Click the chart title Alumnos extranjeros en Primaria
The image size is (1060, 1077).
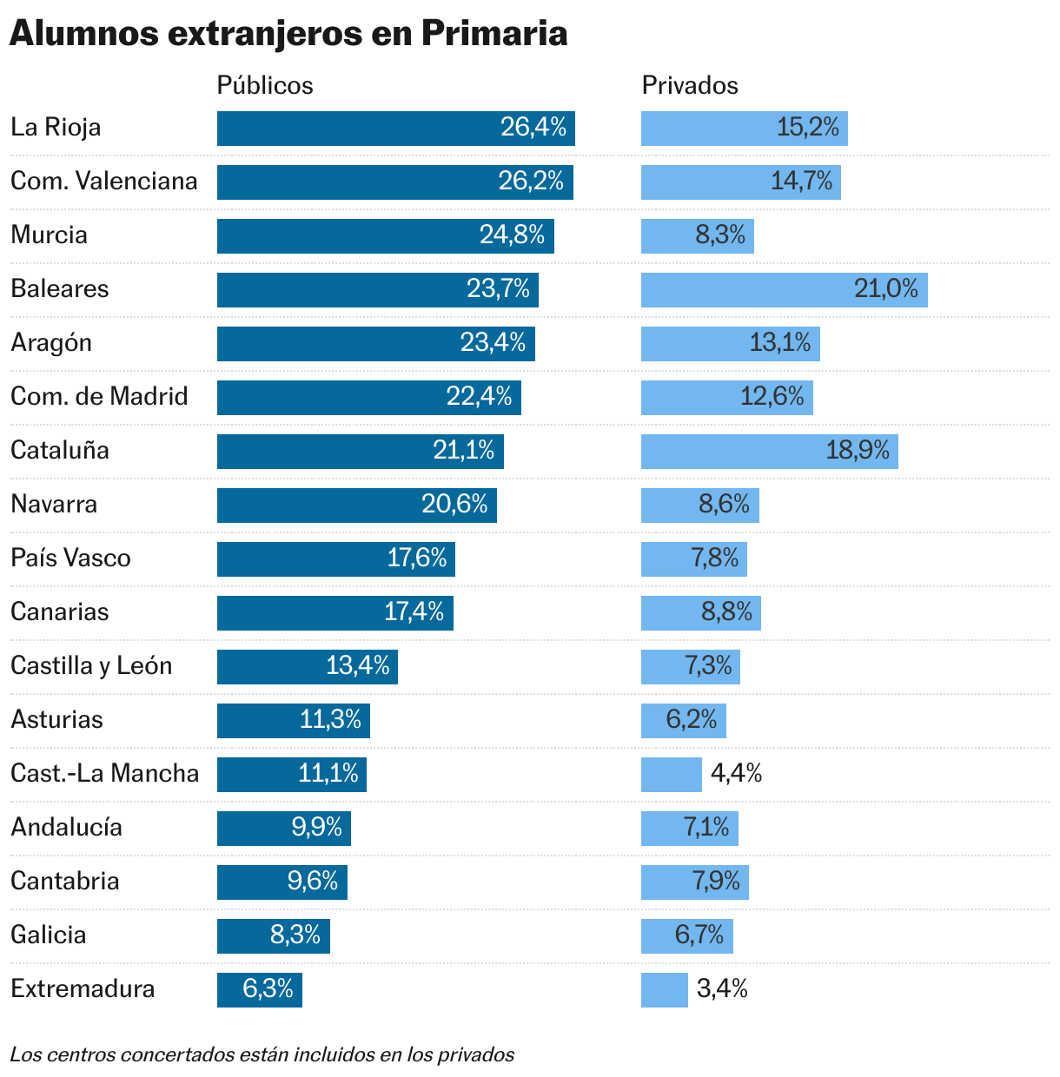288,34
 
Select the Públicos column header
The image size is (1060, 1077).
265,85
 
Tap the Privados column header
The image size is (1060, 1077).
690,85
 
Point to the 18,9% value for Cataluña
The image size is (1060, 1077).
858,451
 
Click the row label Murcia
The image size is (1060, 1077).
50,235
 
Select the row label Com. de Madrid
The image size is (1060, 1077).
99,397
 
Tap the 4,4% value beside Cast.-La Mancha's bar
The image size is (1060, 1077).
736,774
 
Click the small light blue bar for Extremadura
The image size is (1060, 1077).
665,990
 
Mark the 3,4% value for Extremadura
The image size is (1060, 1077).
722,989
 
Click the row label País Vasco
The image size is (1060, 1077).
70,558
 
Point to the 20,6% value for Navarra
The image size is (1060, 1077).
454,505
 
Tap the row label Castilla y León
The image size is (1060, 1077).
91,666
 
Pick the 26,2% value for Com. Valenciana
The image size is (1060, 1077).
531,182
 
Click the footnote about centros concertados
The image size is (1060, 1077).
262,1055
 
